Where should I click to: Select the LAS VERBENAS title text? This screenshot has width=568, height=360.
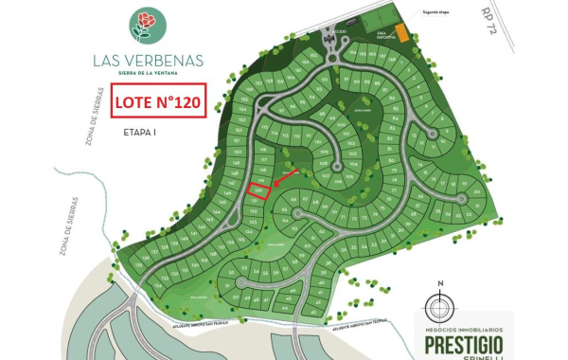149,60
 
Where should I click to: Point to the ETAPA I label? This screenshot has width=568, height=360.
139,134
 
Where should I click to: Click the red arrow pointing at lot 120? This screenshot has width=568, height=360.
286,178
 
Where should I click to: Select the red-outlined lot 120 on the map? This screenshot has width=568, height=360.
257,190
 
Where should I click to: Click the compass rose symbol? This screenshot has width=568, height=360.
438,306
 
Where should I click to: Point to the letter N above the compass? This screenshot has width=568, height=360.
439,283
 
